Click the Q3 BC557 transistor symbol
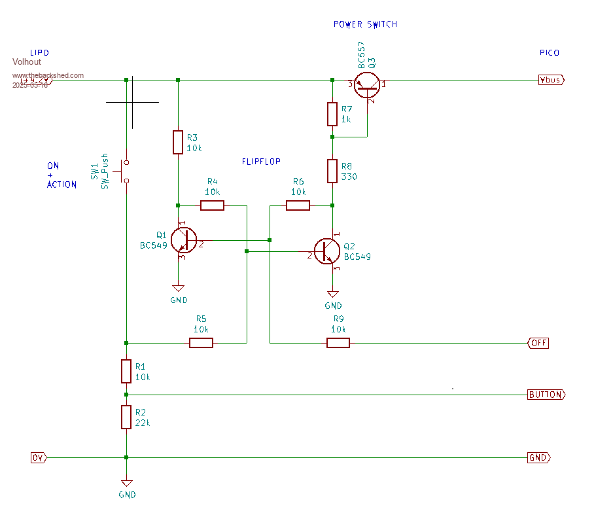pos(368,83)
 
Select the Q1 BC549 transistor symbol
pos(183,240)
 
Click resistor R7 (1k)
pos(332,114)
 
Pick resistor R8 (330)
pos(332,171)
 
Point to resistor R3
pos(178,142)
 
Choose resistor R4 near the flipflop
pos(212,205)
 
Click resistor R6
pos(298,205)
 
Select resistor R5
pos(201,342)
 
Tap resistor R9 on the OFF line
pos(338,342)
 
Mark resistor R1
pos(126,371)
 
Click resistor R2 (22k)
pos(126,417)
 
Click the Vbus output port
pos(550,80)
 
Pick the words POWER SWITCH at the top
pos(365,24)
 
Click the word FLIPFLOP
pos(261,161)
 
